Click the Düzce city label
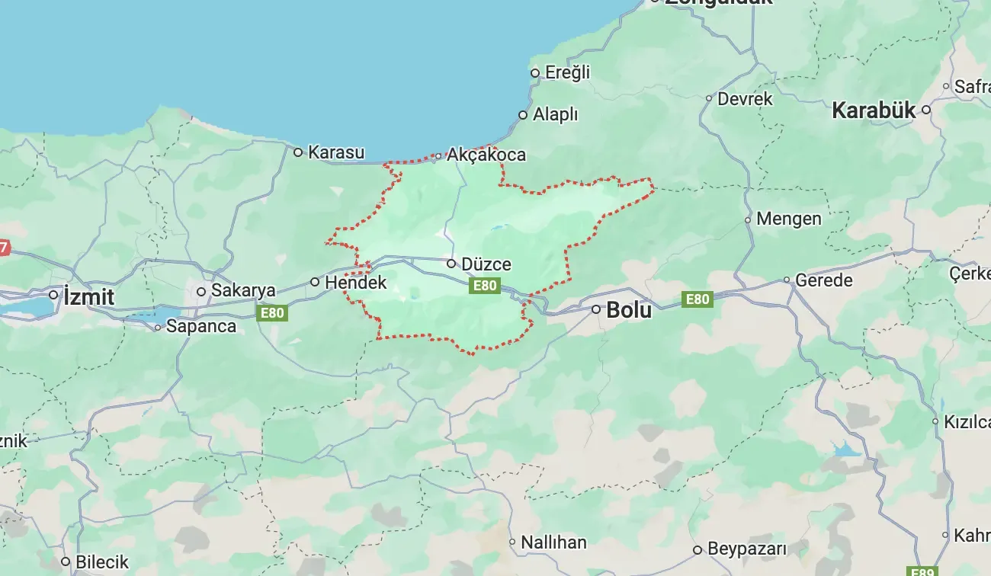[486, 264]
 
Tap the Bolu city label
[629, 310]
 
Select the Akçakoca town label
[486, 155]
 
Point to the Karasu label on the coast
[336, 152]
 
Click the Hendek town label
[356, 283]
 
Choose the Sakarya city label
[243, 290]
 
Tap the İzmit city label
[89, 296]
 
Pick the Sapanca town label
[201, 326]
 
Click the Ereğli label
[568, 72]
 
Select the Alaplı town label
[555, 115]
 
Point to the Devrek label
[745, 98]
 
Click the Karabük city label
[873, 110]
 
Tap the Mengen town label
[789, 219]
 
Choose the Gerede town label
[824, 280]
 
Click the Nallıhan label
[553, 542]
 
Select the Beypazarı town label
[746, 549]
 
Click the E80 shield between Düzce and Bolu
[485, 286]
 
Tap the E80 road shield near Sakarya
[272, 312]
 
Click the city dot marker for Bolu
[597, 309]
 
